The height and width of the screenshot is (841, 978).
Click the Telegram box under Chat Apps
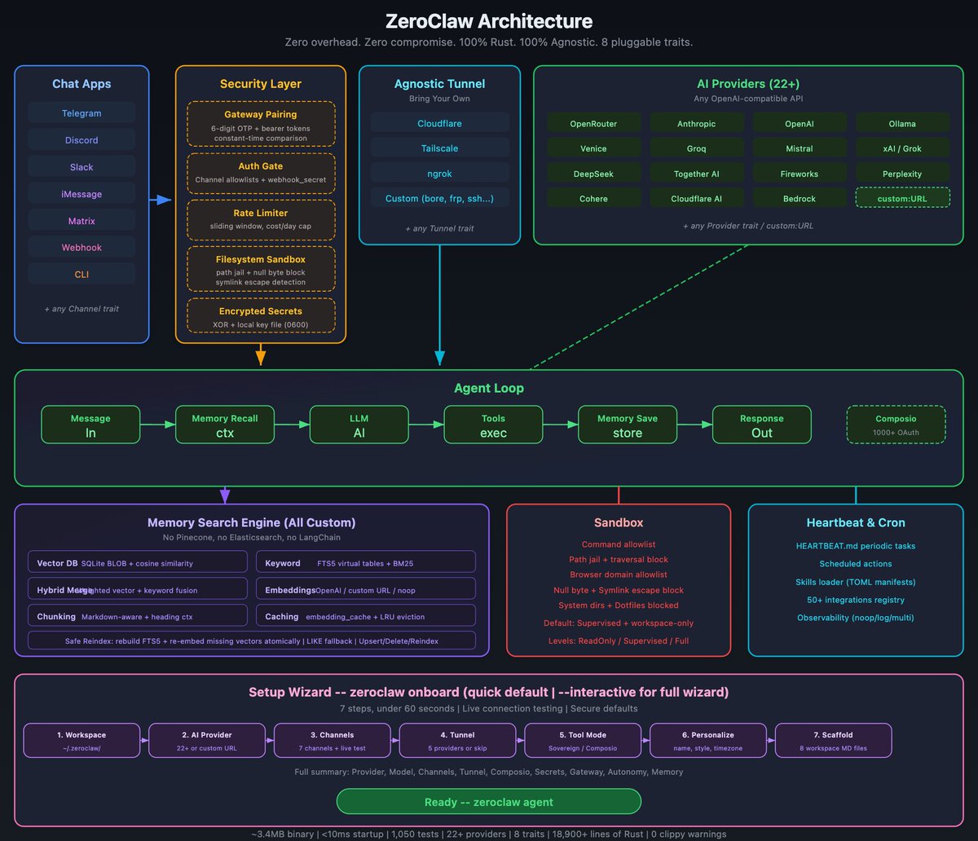click(81, 113)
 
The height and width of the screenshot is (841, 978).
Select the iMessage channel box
click(81, 194)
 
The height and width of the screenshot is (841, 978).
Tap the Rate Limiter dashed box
click(260, 219)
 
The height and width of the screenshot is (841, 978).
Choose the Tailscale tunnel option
click(440, 149)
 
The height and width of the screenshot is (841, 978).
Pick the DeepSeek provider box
click(593, 174)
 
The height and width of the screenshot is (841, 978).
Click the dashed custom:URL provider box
click(902, 198)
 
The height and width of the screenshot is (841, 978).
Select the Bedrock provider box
click(799, 198)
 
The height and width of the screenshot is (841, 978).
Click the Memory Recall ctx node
click(225, 425)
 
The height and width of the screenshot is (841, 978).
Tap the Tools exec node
click(493, 425)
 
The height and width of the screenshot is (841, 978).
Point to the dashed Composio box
click(896, 425)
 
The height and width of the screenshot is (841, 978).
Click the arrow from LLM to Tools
click(425, 425)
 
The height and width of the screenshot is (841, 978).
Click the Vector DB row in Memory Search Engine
click(137, 562)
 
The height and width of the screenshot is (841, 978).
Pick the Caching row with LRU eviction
click(365, 616)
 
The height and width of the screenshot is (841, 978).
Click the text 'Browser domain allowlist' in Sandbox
click(618, 575)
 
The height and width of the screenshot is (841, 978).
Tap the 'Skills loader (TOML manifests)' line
click(855, 582)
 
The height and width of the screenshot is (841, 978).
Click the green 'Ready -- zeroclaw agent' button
click(488, 802)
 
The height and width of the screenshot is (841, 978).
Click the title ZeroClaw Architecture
click(488, 21)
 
